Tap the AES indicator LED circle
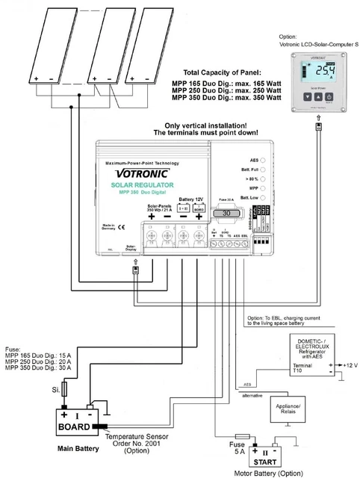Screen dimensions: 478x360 pyautogui.click(x=261, y=160)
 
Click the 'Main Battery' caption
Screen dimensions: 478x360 pyautogui.click(x=78, y=450)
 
